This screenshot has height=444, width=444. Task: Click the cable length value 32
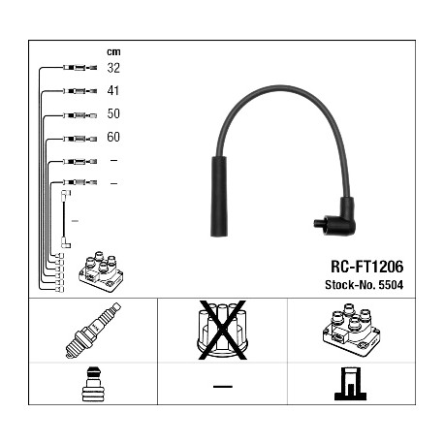113,68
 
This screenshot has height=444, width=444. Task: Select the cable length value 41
113,90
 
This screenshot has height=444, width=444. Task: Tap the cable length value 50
113,113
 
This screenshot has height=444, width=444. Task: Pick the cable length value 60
113,137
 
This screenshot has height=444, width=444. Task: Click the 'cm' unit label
113,51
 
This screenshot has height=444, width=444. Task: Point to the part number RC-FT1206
367,267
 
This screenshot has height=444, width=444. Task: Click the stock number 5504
391,285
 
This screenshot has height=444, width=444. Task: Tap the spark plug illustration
93,331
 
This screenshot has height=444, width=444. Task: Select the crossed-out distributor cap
222,330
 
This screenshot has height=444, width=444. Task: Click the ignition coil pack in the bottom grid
351,329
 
